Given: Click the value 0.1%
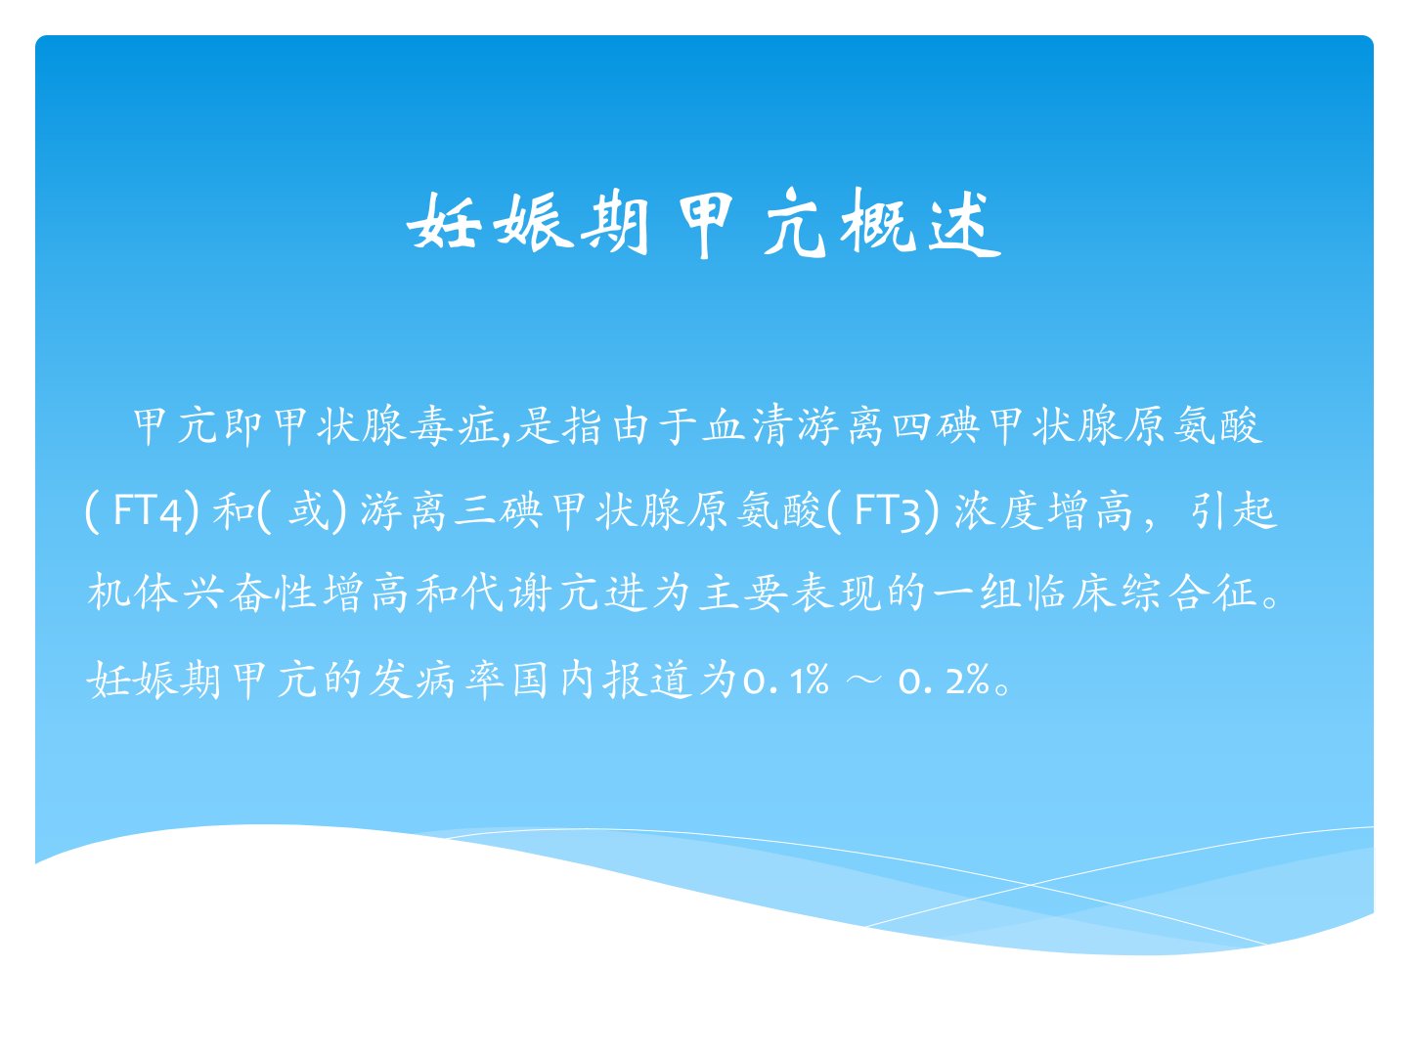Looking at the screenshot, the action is [786, 680].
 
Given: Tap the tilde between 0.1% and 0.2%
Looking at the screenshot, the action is [863, 680].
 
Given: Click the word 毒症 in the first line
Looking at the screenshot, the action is [455, 425].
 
